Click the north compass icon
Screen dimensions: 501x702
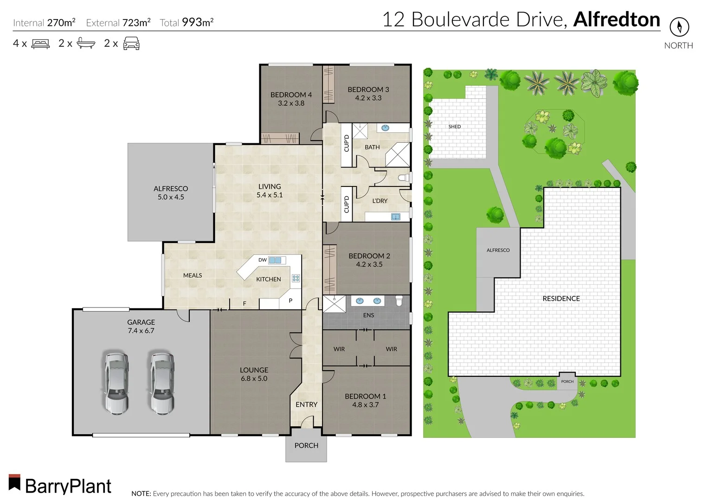click(x=679, y=26)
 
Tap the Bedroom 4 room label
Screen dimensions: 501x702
click(x=291, y=95)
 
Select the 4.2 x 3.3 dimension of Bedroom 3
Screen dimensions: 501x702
click(x=368, y=98)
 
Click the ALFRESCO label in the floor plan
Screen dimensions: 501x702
click(x=171, y=188)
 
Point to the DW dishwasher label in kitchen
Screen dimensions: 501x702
click(x=263, y=260)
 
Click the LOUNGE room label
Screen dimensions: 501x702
click(x=254, y=370)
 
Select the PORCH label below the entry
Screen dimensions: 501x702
click(x=306, y=445)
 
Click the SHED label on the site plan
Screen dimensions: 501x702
click(x=455, y=127)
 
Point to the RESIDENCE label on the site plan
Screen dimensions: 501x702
click(x=561, y=298)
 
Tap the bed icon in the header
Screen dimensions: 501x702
click(x=40, y=44)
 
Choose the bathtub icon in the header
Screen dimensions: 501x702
click(x=86, y=44)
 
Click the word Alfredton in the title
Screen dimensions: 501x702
click(x=617, y=19)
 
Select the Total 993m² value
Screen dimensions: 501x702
click(x=198, y=22)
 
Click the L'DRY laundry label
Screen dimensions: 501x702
click(x=380, y=201)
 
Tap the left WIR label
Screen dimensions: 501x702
click(x=339, y=349)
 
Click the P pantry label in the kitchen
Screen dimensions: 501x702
click(x=290, y=301)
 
